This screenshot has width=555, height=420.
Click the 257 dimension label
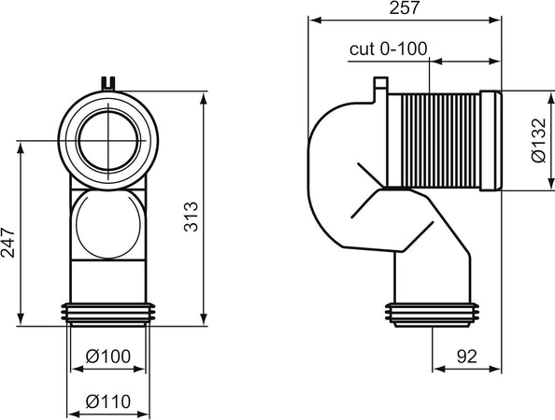[405, 8]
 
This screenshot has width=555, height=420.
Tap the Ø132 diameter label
[536, 144]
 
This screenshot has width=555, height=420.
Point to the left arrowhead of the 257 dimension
[313, 19]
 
